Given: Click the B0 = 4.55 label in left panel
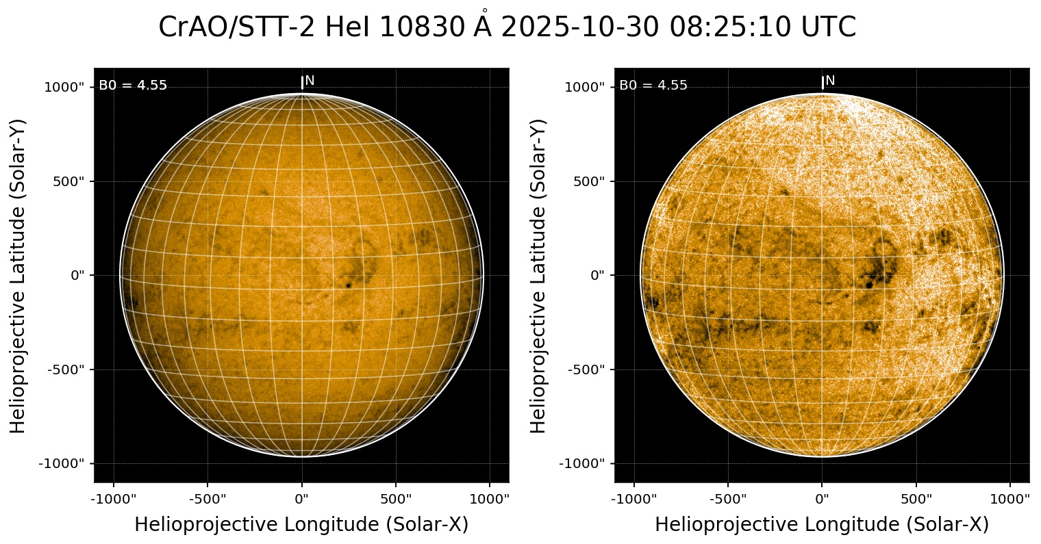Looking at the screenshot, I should click(133, 86).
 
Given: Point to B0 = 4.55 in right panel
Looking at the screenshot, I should click(653, 86).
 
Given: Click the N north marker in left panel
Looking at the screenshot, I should click(310, 81).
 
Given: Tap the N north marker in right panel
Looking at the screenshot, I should click(830, 81).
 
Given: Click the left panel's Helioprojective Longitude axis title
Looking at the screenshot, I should click(301, 525).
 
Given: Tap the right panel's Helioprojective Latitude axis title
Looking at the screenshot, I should click(539, 275).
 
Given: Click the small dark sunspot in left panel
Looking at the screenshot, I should click(349, 284).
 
